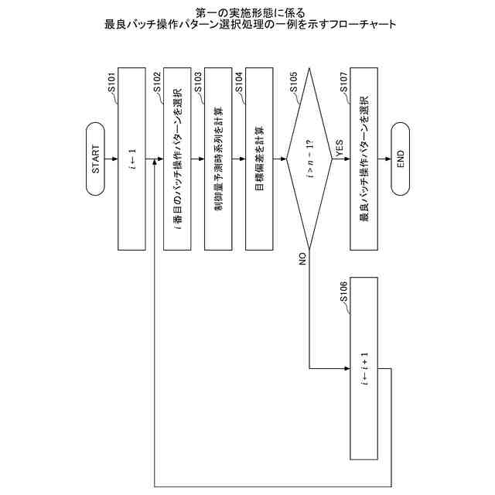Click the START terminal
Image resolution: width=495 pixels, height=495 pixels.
(95, 159)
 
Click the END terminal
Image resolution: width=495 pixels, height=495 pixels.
(400, 159)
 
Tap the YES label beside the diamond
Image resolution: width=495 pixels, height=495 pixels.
(339, 148)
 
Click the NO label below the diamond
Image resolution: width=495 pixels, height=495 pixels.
(302, 258)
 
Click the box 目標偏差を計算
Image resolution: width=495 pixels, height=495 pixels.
(259, 159)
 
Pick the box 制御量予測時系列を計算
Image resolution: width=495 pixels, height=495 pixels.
(218, 159)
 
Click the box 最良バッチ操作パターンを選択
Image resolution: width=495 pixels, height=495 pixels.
(364, 159)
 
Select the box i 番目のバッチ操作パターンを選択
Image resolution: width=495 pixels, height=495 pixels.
(177, 159)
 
